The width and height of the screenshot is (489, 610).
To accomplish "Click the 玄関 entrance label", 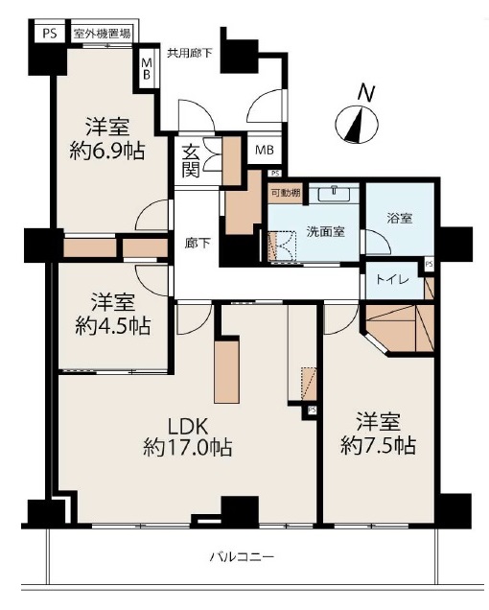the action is coord(191,161).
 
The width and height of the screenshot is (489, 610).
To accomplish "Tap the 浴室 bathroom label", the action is coord(400,218).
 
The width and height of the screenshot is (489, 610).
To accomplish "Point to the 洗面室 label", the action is coord(326,231).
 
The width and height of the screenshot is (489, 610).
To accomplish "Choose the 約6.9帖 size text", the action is coord(107,152).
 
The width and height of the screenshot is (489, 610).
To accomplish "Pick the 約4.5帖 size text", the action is coord(113,325).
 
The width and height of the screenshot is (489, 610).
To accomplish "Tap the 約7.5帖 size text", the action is coord(378,445).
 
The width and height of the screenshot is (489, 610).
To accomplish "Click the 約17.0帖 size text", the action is coord(188,447).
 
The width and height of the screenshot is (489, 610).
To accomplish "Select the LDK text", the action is coord(188,427).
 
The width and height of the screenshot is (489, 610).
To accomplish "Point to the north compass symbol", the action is coord(357,124).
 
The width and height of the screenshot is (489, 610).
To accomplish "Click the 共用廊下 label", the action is coord(190,53).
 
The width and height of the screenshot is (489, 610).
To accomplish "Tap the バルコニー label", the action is coord(242,556).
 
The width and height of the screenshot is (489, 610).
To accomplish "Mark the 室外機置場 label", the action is coord(102,34).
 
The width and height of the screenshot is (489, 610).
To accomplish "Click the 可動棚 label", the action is coord(286,193).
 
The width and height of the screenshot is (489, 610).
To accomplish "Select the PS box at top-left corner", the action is coord(50,34).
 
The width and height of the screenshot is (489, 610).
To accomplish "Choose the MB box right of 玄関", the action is coord(264,150).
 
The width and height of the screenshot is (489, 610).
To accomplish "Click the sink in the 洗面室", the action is coord(335,194).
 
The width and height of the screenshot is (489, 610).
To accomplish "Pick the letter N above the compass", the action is coord(366,93).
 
